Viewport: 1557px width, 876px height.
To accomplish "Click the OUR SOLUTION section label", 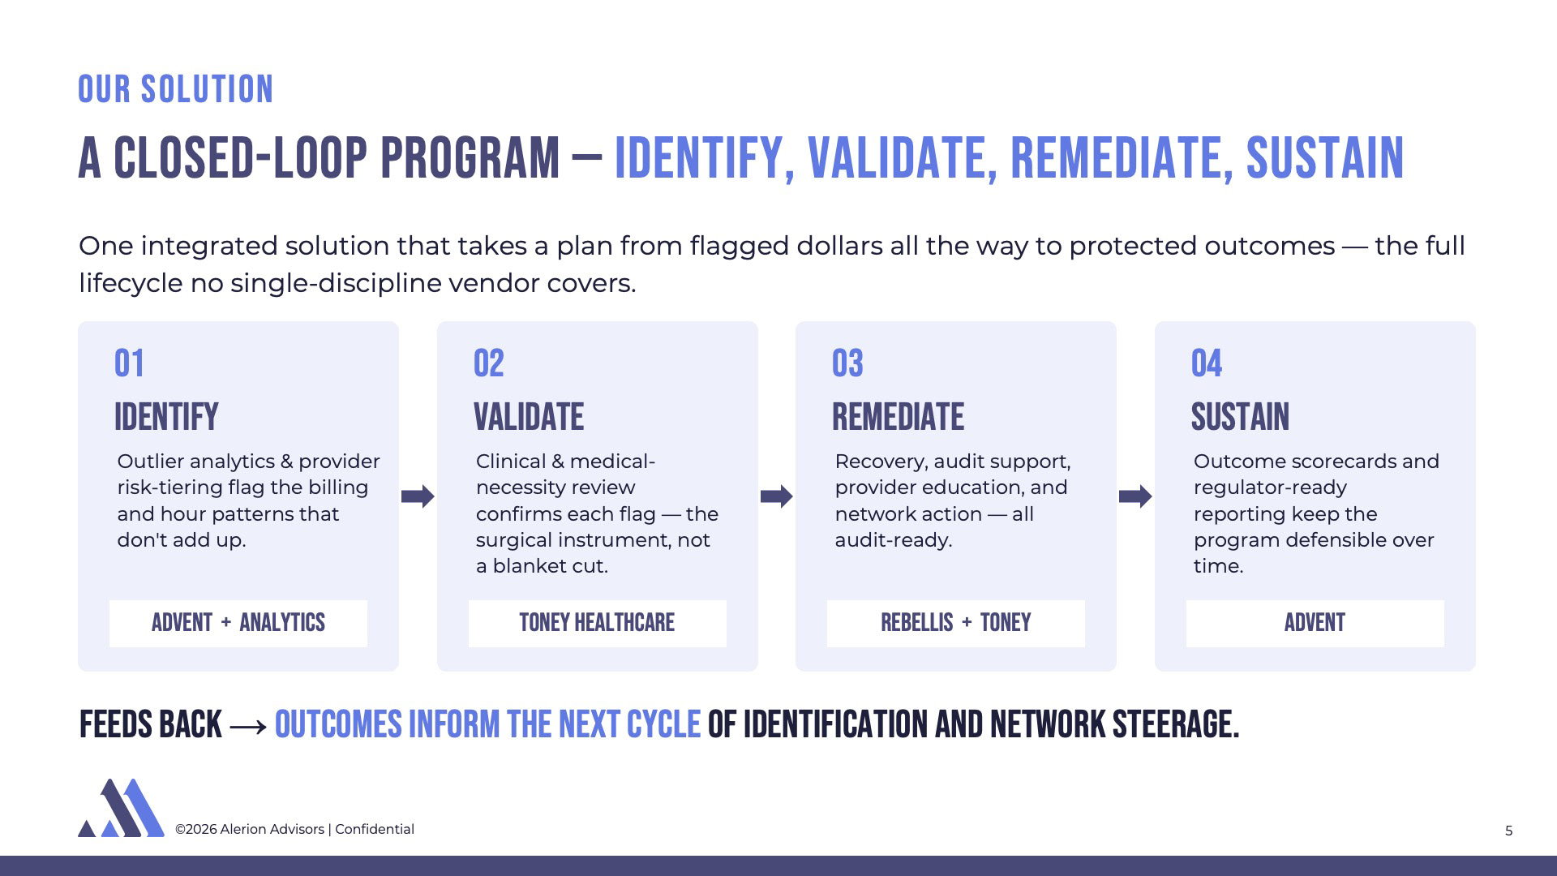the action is (176, 89).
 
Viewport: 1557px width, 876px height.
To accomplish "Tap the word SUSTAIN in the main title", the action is (1325, 158).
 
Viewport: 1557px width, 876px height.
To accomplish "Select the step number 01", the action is (130, 363).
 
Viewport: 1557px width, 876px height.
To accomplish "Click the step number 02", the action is (489, 363).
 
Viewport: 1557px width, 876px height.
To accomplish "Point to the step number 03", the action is (847, 363).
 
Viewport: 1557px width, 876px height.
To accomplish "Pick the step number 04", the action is (1207, 363).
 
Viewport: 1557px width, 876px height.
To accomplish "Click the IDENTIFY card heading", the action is (166, 417).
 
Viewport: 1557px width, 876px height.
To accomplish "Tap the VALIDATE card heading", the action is (529, 417).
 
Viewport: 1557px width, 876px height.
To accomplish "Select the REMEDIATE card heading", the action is (899, 417).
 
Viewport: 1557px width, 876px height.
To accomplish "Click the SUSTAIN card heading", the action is (1240, 417).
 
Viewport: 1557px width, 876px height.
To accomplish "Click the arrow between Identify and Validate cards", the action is (418, 496).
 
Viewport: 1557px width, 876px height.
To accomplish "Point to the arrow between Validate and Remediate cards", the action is (777, 496).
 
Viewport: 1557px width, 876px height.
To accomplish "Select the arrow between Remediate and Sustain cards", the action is (1135, 496).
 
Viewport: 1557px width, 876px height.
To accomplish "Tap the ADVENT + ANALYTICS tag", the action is (238, 623).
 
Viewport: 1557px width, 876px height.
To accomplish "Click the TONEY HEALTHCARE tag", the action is (598, 623).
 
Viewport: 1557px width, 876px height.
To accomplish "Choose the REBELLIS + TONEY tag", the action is (956, 623).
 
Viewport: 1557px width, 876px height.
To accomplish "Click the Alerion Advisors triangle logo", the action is (121, 808).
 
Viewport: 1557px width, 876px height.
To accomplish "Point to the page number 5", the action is (1509, 831).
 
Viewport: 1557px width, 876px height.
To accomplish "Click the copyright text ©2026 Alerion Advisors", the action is (250, 829).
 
